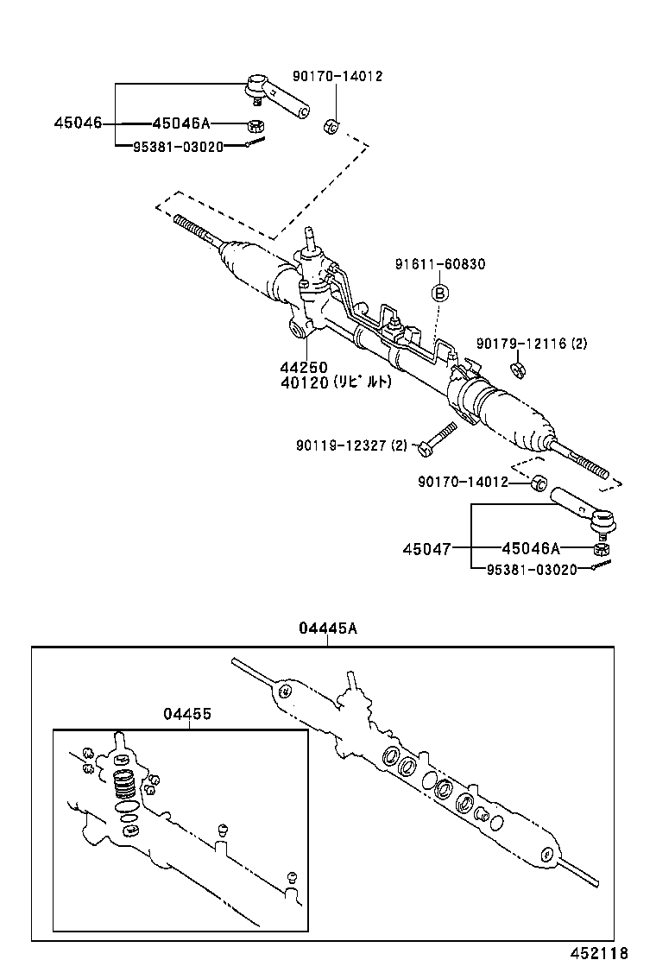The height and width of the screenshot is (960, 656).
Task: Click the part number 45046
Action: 77,123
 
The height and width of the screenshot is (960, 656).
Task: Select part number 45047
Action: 426,548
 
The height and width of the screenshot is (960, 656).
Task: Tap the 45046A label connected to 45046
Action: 181,123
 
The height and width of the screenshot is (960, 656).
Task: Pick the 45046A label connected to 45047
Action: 531,548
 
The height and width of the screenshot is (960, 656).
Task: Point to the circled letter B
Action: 438,293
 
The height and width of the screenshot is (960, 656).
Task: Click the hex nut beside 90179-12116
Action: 519,371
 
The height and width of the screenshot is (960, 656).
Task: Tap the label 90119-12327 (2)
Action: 350,445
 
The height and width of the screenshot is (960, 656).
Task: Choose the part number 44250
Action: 302,367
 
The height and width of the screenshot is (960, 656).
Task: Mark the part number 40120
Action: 302,382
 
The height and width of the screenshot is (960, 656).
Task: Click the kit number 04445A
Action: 327,628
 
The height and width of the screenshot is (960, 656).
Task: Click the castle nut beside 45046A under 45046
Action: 255,125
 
